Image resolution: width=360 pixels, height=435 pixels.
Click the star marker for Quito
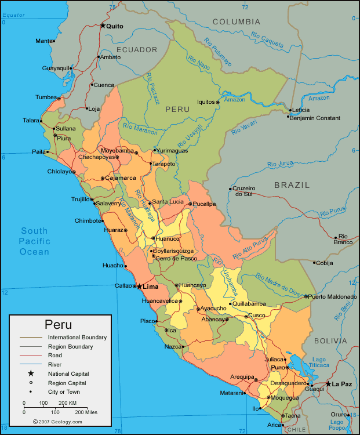(103, 26)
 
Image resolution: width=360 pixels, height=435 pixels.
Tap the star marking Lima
(139, 286)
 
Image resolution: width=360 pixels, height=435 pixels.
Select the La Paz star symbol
(328, 384)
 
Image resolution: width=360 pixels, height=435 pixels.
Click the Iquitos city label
(206, 101)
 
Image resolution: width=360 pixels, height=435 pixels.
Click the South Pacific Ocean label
(34, 241)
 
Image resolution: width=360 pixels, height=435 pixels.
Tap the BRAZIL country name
(292, 185)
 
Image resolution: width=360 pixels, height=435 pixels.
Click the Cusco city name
(256, 316)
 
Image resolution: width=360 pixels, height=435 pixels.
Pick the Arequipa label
(242, 376)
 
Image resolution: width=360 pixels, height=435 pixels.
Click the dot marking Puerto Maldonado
(306, 296)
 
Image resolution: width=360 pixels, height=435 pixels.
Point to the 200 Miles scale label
(86, 412)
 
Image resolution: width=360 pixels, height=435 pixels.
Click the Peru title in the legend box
(59, 325)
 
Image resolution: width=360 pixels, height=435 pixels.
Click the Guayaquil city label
(56, 68)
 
